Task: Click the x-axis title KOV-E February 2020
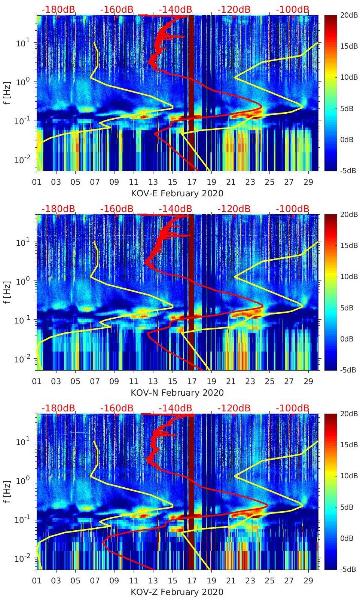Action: (x=177, y=193)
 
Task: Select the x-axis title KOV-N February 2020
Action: (x=177, y=393)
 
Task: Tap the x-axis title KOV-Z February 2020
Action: (x=177, y=592)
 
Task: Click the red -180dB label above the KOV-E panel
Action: (x=58, y=9)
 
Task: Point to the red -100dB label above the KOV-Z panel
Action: (x=292, y=408)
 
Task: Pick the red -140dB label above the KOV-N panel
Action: (x=175, y=209)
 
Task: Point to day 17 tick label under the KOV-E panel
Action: (x=192, y=182)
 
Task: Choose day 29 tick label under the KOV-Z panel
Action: (x=308, y=581)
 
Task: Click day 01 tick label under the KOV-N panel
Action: (x=37, y=381)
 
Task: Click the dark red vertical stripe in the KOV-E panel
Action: (x=191, y=93)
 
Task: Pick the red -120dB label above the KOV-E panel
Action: (x=234, y=9)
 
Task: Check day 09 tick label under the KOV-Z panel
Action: (x=114, y=581)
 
